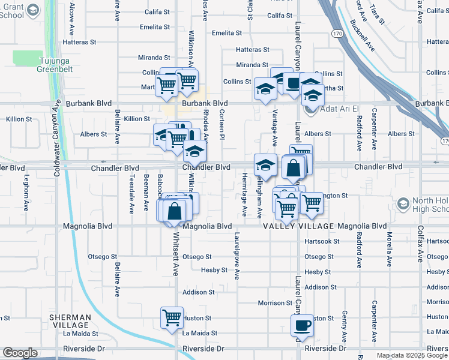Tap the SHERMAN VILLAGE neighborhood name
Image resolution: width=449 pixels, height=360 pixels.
click(71, 321)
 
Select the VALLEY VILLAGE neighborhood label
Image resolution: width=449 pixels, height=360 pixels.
click(298, 226)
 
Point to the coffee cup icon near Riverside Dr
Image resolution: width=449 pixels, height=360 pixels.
click(302, 325)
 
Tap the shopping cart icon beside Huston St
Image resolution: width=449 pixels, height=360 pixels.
click(172, 317)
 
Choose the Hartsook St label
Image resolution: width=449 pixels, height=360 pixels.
click(322, 241)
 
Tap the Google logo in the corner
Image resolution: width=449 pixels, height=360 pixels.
click(20, 353)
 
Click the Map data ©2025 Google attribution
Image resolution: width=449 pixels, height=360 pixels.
click(411, 356)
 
